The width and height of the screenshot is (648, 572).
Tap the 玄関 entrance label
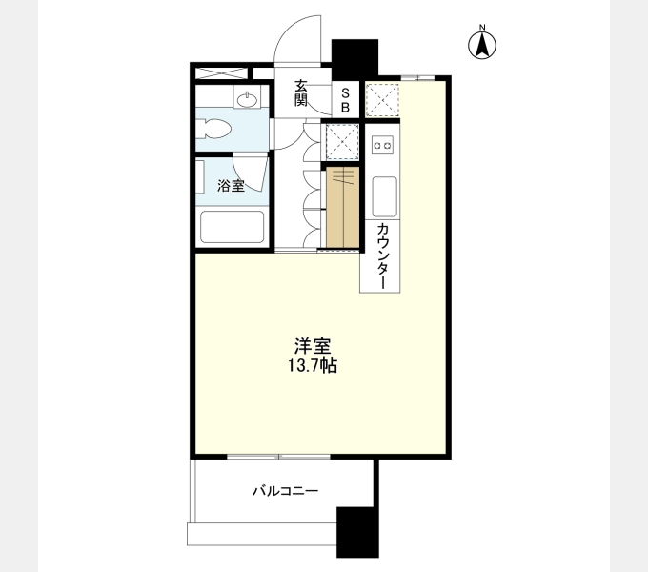pyautogui.click(x=301, y=92)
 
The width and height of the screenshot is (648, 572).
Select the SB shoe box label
pyautogui.click(x=345, y=99)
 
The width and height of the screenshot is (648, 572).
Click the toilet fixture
pyautogui.click(x=213, y=129)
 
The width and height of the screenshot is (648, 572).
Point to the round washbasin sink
pyautogui.click(x=247, y=98)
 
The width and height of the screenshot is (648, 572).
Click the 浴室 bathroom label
pyautogui.click(x=231, y=186)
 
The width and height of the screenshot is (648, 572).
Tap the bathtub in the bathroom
pyautogui.click(x=233, y=227)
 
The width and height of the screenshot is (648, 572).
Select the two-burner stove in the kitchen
pyautogui.click(x=382, y=145)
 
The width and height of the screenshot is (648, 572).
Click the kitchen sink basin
pyautogui.click(x=384, y=196)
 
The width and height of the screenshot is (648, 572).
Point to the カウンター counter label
pyautogui.click(x=383, y=256)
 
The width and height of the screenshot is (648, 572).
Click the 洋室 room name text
pyautogui.click(x=313, y=346)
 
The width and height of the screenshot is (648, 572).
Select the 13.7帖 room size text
pyautogui.click(x=313, y=365)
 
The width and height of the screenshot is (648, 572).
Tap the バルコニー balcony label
pyautogui.click(x=286, y=491)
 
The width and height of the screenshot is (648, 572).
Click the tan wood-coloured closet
pyautogui.click(x=343, y=207)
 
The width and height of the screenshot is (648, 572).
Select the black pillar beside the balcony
pyautogui.click(x=358, y=532)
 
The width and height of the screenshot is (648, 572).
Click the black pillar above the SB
pyautogui.click(x=355, y=59)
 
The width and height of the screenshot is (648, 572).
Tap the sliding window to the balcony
pyautogui.click(x=278, y=457)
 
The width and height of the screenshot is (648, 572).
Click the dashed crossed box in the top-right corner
pyautogui.click(x=382, y=99)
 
